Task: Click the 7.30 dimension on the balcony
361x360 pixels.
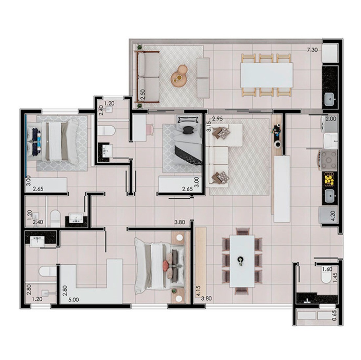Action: click(313, 50)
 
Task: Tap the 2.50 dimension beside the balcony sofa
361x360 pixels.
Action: click(143, 94)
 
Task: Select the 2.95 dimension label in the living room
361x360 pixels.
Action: click(217, 119)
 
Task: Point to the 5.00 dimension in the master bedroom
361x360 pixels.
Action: click(74, 300)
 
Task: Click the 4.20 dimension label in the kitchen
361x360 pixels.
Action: click(333, 216)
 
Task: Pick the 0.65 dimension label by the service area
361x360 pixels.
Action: click(334, 316)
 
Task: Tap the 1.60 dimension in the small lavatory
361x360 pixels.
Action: click(327, 269)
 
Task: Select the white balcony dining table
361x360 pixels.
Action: click(267, 75)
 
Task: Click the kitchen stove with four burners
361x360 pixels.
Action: click(328, 160)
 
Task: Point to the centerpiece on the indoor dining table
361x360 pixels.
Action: click(240, 260)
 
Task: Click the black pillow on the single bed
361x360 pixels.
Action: click(188, 130)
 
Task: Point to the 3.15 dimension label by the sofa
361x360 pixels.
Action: click(209, 126)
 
